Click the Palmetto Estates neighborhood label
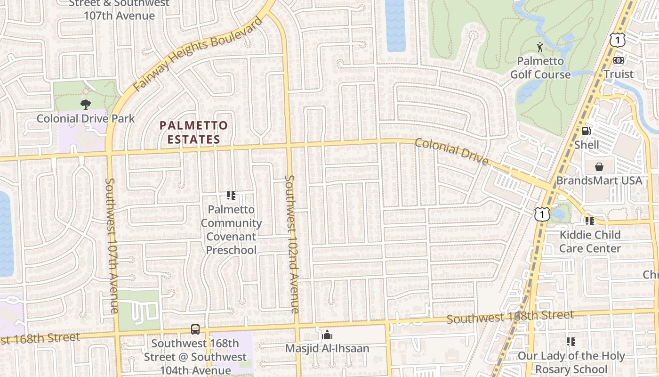[193, 132]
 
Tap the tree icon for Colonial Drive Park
[86, 104]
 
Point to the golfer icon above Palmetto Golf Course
[540, 47]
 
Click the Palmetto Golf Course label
[540, 68]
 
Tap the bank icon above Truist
[619, 60]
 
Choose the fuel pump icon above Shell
[586, 131]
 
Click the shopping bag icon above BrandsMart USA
[599, 167]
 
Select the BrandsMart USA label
[599, 180]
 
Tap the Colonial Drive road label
[451, 151]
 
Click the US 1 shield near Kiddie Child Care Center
[542, 214]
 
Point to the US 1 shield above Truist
[617, 40]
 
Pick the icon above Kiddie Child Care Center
[589, 221]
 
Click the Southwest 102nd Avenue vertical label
[292, 244]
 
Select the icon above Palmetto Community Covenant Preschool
[231, 195]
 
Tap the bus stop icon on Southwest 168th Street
[195, 329]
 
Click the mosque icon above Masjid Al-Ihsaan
[327, 335]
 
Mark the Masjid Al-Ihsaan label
[327, 349]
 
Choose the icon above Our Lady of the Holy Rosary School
[571, 342]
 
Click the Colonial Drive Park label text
[86, 118]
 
